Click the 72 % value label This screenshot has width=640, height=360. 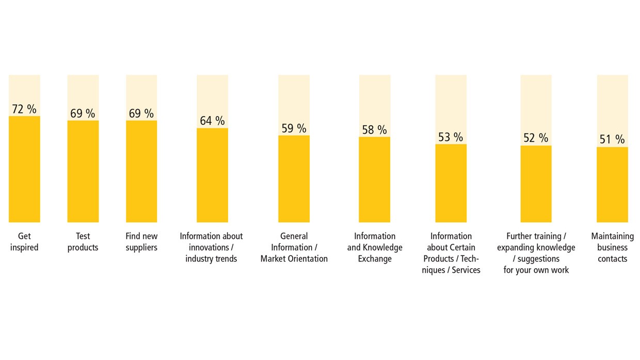click(24, 109)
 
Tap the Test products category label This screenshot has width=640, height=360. click(83, 242)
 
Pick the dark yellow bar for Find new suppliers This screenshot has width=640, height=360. click(141, 171)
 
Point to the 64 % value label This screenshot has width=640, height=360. click(212, 121)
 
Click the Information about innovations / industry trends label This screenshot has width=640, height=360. click(211, 248)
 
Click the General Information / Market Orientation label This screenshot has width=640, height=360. click(294, 248)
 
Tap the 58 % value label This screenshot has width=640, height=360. click(374, 130)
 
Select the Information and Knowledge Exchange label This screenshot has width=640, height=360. click(375, 248)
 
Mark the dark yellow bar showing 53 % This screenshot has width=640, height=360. click(451, 183)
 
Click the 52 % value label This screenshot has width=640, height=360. click(536, 138)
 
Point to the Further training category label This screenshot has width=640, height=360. click(536, 253)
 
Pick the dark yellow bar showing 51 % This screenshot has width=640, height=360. click(612, 185)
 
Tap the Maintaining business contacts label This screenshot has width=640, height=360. click(612, 248)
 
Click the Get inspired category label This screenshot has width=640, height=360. click(24, 242)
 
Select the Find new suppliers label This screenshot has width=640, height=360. click(141, 242)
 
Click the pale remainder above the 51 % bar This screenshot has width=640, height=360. click(612, 103)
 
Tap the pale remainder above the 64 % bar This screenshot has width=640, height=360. click(212, 93)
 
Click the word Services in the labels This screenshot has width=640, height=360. click(466, 270)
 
